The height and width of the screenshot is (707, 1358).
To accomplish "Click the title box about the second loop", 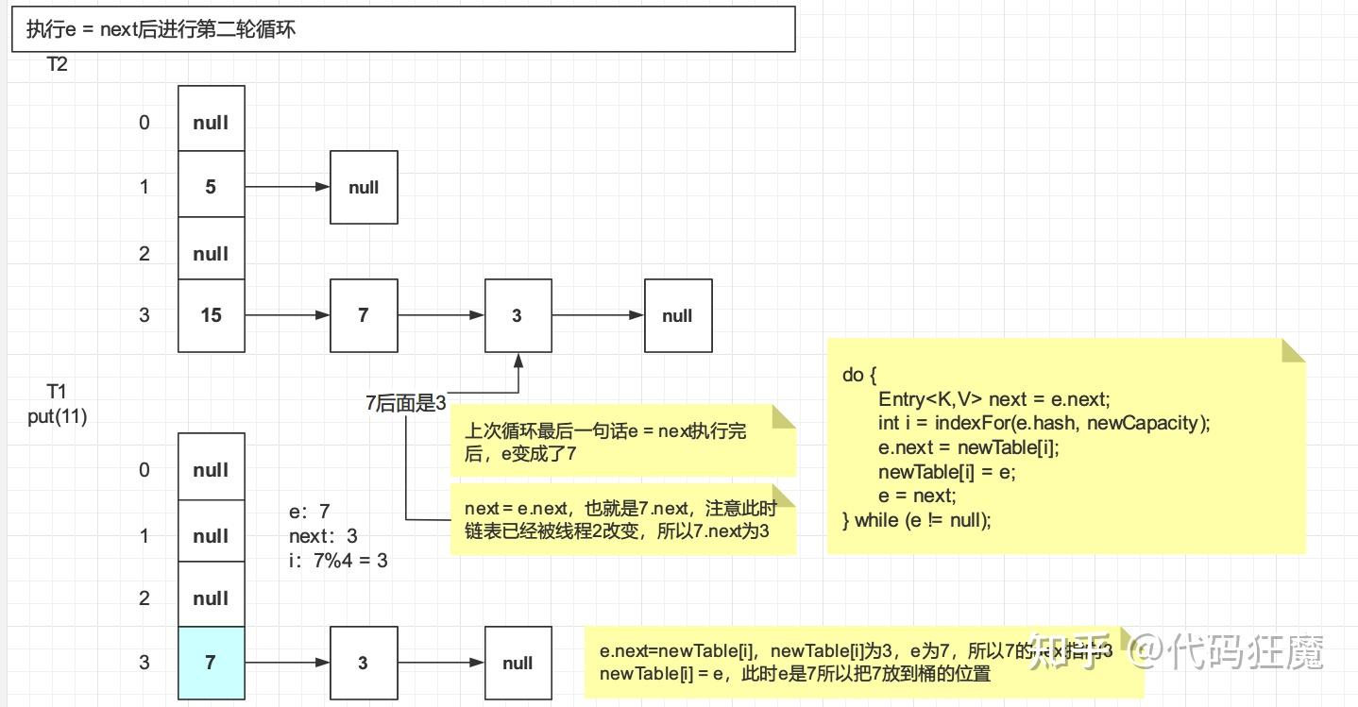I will (x=403, y=29).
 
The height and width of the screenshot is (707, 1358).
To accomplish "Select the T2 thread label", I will (x=58, y=65).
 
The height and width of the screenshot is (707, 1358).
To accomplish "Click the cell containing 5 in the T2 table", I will (x=211, y=187).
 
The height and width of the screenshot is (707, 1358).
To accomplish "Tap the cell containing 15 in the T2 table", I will (x=211, y=315).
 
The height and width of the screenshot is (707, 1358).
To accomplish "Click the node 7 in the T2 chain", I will (x=364, y=315).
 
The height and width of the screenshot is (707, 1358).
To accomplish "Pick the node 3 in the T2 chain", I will (x=518, y=315).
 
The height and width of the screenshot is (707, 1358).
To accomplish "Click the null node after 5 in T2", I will (x=364, y=187).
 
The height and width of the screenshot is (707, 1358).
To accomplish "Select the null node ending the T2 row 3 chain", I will (x=677, y=315).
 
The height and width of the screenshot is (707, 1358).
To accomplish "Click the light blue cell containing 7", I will (x=211, y=663).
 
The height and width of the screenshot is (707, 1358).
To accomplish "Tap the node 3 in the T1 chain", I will (x=364, y=663).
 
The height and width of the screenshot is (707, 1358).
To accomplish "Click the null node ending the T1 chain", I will (x=518, y=663).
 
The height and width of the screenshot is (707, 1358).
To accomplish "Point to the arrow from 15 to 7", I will (x=287, y=315).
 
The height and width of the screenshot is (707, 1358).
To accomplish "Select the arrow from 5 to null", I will (x=287, y=187).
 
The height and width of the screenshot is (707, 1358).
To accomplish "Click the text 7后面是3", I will (x=406, y=403).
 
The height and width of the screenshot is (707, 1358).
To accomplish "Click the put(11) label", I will (x=58, y=416).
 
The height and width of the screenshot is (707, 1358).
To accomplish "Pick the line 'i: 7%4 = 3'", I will (x=338, y=561).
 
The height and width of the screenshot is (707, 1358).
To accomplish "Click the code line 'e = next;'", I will (x=917, y=495).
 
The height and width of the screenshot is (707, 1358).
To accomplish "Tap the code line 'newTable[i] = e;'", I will (x=946, y=471).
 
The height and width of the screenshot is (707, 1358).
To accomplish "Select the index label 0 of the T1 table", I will (x=144, y=470).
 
